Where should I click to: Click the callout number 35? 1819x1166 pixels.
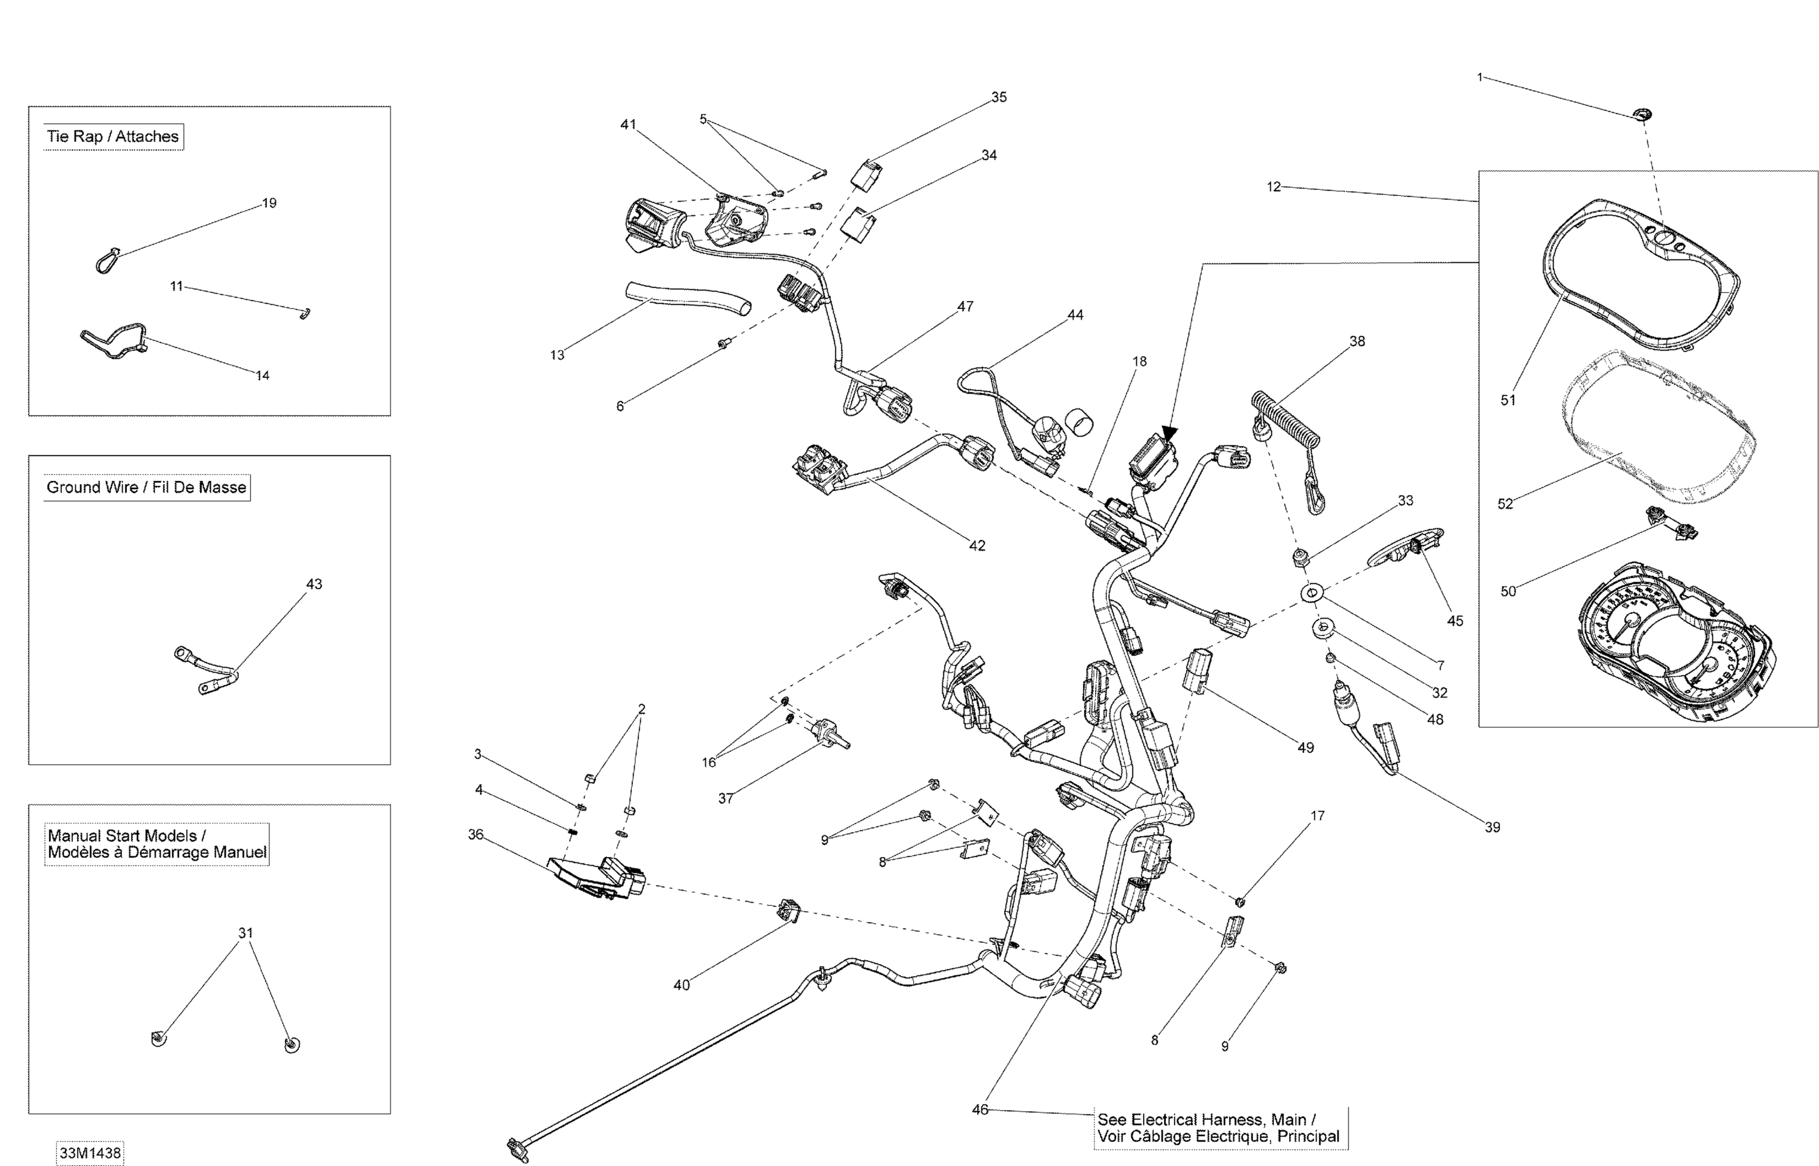999,97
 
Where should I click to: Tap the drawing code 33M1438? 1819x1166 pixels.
89,1153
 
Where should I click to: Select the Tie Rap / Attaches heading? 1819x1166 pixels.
113,136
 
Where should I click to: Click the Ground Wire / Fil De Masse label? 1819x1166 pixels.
146,487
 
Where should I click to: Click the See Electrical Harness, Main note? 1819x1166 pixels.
1221,1127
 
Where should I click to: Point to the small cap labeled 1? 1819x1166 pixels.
1642,114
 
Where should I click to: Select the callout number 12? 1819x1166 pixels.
1273,186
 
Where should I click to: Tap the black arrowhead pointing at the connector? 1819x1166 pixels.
1170,433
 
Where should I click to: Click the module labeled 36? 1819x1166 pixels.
594,878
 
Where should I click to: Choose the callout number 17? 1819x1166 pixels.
1318,815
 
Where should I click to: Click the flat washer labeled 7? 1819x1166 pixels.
1311,593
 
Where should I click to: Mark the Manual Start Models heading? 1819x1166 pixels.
156,843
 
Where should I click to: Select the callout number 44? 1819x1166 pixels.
1074,315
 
